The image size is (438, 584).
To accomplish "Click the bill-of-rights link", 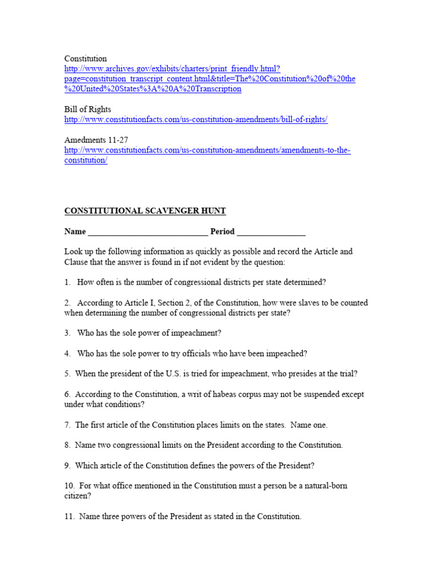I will click(196, 120).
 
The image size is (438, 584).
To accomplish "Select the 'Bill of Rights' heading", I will click(87, 109).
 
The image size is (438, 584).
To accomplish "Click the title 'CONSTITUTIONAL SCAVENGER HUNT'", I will click(145, 211).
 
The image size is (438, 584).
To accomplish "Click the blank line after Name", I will click(148, 232).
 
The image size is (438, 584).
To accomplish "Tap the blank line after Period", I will click(271, 232).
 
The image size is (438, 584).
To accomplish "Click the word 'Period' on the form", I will click(222, 232).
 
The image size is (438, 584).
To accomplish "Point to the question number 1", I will click(67, 282).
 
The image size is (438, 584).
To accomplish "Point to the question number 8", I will click(67, 445).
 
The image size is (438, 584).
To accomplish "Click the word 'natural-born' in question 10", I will click(324, 486).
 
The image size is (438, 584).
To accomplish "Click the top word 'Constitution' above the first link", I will click(85, 59).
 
